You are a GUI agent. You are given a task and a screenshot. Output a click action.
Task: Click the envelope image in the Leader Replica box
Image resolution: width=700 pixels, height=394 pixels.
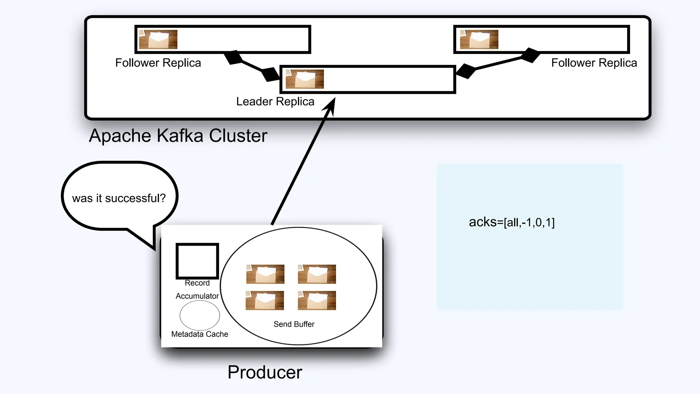305,79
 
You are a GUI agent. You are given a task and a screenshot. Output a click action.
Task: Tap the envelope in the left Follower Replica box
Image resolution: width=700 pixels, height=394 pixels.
158,39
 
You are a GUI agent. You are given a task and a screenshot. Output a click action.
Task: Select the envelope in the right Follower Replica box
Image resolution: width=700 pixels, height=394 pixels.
479,39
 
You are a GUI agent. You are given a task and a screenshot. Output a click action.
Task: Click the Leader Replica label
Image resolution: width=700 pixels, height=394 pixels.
275,102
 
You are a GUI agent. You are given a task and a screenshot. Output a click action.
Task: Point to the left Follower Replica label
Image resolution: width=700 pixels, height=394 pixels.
158,63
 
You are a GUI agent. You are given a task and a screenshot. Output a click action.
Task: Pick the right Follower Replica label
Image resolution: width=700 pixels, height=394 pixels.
594,63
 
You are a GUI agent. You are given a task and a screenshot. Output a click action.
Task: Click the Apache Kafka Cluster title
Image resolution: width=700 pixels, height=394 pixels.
178,136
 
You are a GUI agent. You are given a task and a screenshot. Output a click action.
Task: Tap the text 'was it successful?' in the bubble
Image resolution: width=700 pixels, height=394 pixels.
119,198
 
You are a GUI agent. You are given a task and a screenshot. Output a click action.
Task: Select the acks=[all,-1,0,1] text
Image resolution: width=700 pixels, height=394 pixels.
512,222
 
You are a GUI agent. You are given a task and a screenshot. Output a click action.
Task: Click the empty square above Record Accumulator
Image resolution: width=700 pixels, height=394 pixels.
197,261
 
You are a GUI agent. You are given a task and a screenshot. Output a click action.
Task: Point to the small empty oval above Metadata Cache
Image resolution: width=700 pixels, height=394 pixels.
200,315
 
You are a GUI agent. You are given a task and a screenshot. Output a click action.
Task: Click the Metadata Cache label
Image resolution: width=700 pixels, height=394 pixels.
200,334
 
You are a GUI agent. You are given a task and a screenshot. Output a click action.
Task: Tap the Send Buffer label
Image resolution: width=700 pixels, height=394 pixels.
294,324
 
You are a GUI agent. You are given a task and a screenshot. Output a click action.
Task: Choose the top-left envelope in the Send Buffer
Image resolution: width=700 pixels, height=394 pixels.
265,274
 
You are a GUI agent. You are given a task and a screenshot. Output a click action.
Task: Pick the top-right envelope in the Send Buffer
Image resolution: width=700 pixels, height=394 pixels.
317,274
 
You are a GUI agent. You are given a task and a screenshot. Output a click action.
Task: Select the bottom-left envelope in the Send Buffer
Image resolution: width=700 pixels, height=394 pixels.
265,300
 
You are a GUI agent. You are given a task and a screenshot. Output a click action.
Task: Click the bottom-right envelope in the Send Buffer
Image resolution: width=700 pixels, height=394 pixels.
317,300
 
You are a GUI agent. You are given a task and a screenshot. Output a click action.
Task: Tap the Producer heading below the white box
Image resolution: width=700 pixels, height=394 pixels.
265,372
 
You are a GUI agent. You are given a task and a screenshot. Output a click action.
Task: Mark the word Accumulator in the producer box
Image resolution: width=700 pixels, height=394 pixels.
197,296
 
